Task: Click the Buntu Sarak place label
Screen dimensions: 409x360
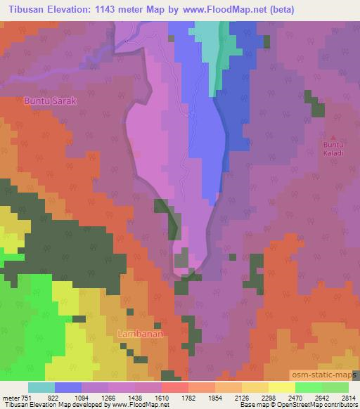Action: [x=50, y=101]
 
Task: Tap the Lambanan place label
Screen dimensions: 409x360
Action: [x=141, y=334]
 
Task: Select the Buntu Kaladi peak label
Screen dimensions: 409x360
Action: [x=333, y=148]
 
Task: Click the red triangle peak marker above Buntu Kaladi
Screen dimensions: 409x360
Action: [x=334, y=137]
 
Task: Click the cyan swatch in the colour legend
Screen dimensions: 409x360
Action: [x=41, y=387]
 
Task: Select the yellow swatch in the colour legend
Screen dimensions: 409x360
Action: [x=281, y=387]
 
